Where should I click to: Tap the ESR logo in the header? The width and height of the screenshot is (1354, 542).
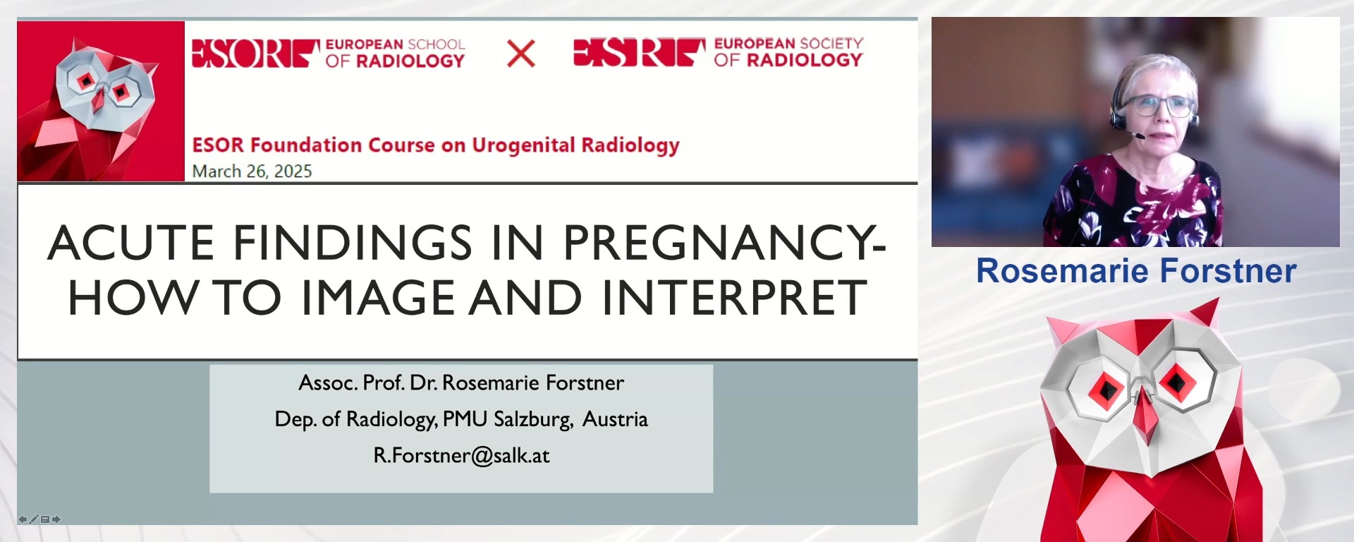point(640,52)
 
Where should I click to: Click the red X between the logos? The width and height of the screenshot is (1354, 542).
point(521,54)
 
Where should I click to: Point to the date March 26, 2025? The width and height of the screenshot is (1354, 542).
point(252,171)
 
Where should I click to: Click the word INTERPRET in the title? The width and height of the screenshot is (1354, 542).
point(734,297)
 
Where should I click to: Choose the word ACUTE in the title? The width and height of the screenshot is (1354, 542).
point(131,243)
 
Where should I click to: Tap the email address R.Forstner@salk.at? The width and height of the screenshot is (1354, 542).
point(461,456)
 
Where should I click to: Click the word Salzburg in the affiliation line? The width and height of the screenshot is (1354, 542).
point(532,419)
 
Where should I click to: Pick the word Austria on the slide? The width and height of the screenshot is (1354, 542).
point(615,419)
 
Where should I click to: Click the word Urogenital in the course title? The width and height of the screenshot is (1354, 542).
point(523,145)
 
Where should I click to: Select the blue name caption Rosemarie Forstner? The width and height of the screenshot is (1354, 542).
point(1136,271)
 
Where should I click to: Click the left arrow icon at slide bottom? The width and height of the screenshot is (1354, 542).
point(23,519)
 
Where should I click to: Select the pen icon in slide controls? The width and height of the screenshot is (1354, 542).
point(33,519)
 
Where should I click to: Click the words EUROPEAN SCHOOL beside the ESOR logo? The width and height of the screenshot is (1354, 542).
point(395,44)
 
